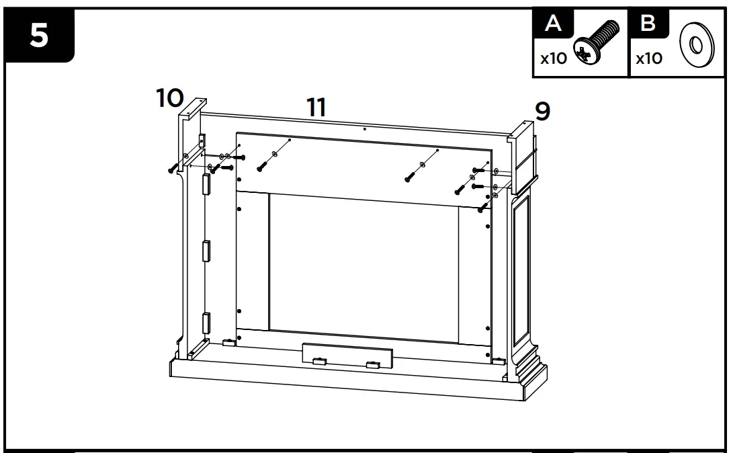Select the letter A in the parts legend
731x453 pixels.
(554, 24)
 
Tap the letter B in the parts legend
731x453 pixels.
(648, 24)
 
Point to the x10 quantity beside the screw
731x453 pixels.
(554, 58)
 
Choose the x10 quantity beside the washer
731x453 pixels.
(648, 58)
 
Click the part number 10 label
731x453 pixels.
(170, 98)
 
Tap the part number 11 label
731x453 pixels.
(316, 107)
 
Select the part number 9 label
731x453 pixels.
(542, 112)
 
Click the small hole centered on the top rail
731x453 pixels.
(363, 128)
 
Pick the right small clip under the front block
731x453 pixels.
(372, 366)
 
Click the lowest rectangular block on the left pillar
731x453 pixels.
(207, 324)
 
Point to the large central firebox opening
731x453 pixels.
(363, 265)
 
